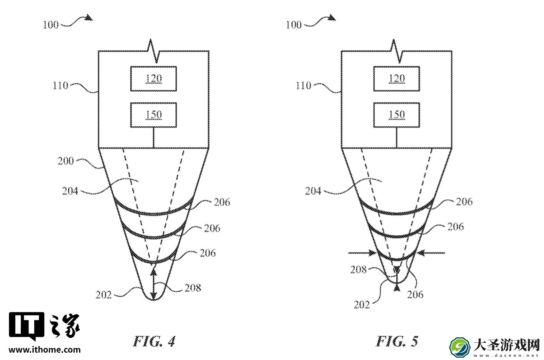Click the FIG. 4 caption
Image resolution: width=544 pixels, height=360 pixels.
click(x=154, y=341)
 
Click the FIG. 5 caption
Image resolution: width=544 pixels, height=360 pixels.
click(x=397, y=341)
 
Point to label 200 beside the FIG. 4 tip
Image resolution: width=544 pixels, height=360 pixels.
click(x=65, y=161)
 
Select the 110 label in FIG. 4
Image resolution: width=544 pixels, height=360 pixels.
click(x=60, y=85)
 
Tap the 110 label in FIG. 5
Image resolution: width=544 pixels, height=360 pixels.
click(x=303, y=85)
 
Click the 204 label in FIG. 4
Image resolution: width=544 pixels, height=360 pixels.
click(x=70, y=191)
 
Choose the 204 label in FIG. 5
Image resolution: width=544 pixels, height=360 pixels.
click(x=313, y=191)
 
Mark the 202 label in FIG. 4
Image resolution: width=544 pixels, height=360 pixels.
click(x=103, y=295)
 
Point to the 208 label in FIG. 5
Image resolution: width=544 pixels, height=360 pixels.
click(x=358, y=270)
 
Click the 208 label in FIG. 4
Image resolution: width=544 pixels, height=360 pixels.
click(x=193, y=288)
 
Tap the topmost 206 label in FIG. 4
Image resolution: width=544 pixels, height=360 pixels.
click(x=222, y=202)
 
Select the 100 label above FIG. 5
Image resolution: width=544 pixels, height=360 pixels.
click(x=294, y=25)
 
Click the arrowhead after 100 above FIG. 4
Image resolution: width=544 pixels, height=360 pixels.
click(x=89, y=17)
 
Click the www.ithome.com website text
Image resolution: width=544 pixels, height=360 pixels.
click(x=45, y=350)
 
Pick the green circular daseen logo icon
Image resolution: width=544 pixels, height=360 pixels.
click(x=459, y=347)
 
